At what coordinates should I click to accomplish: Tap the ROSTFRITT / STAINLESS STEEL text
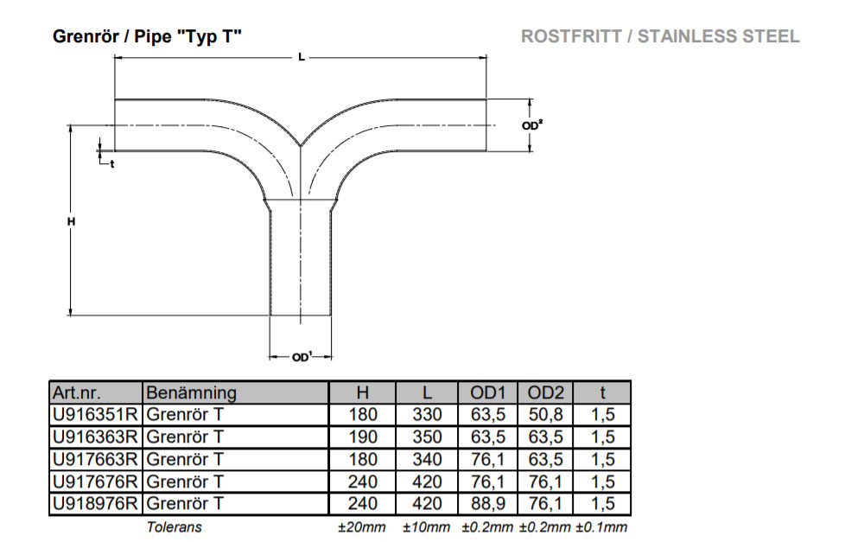[660, 37]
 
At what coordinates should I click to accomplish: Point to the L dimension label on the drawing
[300, 57]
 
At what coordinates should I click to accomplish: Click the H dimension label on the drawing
[72, 222]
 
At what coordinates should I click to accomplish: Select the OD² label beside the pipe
[533, 125]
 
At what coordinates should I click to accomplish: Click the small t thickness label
[112, 163]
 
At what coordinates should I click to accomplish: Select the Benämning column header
[190, 392]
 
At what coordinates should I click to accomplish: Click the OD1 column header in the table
[486, 392]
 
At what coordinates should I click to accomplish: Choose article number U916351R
[95, 415]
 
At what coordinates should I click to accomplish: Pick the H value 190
[363, 437]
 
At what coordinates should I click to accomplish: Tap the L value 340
[427, 459]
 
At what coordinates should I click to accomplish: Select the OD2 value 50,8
[545, 415]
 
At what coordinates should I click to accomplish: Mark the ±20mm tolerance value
[361, 527]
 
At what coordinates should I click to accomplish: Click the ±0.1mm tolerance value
[601, 527]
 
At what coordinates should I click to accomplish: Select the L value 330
[427, 415]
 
